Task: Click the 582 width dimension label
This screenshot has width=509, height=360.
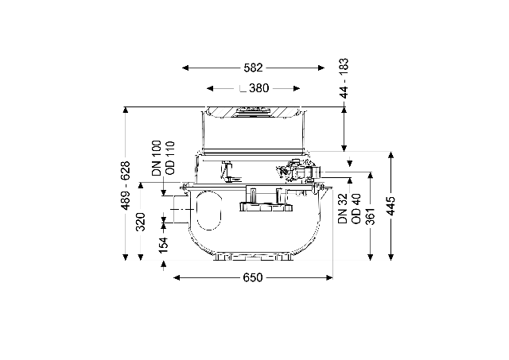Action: [x=253, y=68]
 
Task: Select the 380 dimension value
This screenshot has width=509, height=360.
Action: [x=259, y=88]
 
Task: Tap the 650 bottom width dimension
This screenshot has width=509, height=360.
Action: [x=253, y=277]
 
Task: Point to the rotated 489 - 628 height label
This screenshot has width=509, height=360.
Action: [x=126, y=185]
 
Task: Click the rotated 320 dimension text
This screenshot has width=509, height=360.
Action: [x=141, y=222]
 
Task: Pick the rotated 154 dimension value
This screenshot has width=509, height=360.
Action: [x=164, y=245]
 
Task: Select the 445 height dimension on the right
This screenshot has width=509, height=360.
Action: [x=391, y=206]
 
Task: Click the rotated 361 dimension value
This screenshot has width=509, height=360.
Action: [x=371, y=216]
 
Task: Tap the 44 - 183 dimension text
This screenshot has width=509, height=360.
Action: [x=344, y=78]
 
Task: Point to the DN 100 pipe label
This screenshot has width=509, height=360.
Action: [x=157, y=158]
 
